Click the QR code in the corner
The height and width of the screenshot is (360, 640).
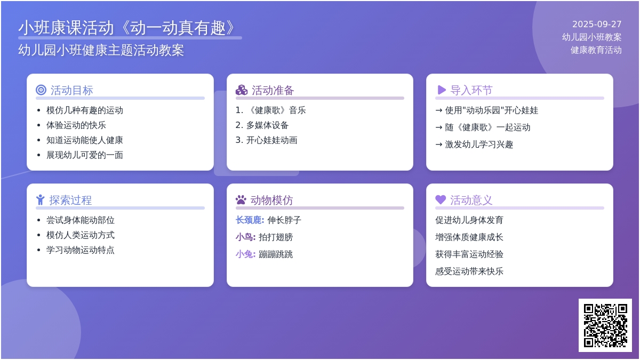coord(605,325)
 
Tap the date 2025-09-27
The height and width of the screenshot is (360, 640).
coord(597,25)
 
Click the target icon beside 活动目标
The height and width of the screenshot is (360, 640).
coord(41,90)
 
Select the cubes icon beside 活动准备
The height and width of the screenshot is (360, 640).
coord(242,90)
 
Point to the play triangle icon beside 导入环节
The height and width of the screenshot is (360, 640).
coord(442,90)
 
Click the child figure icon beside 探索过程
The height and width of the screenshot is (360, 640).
coord(41,199)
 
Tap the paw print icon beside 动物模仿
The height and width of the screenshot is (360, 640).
coord(241,199)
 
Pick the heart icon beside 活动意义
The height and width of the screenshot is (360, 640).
coord(441,199)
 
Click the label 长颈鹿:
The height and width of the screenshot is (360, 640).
coord(250,220)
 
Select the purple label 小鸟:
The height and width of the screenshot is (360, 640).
coord(245,237)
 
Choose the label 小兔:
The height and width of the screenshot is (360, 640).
coord(245,254)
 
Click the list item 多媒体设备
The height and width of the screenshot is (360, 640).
coord(267,125)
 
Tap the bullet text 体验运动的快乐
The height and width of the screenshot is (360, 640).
coord(76,125)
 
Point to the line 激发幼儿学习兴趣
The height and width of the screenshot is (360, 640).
coord(479,145)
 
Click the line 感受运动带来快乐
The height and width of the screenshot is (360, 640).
coord(469,271)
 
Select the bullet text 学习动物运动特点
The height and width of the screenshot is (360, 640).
coord(81,250)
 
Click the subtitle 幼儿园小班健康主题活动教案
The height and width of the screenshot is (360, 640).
coord(101,50)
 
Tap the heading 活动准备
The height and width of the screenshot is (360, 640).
coord(273,90)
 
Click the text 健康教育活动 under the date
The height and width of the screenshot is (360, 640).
coord(596,50)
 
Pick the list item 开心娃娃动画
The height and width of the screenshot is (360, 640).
coord(271,140)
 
